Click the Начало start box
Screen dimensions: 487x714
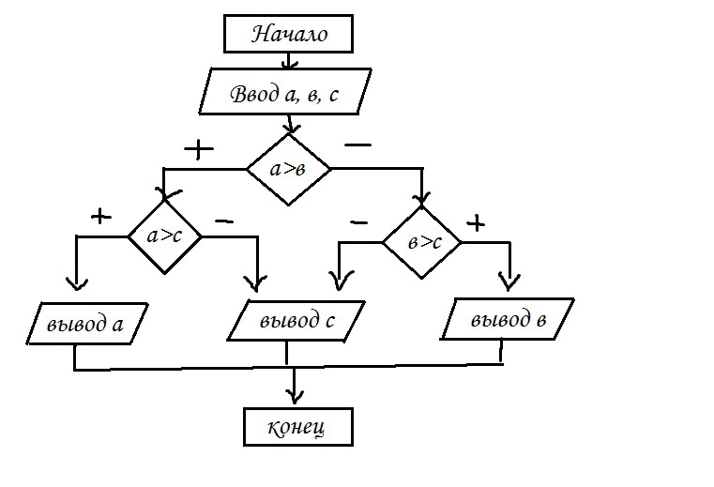(x=288, y=35)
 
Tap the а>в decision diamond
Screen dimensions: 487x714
(x=288, y=169)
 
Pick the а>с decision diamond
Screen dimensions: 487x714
(x=165, y=236)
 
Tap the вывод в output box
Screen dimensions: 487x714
(x=508, y=319)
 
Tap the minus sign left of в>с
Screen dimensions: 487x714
(x=358, y=222)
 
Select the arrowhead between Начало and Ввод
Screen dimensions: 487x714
(x=289, y=64)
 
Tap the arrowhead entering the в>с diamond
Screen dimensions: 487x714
(x=423, y=199)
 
